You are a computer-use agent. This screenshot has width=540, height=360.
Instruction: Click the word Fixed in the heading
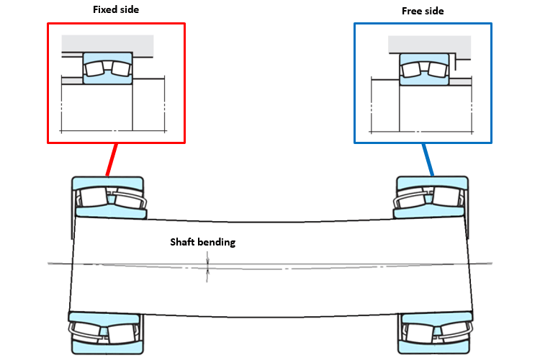pyautogui.click(x=104, y=9)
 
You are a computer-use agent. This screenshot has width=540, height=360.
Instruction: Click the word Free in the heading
pyautogui.click(x=413, y=11)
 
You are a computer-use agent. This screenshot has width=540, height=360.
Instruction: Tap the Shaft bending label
pyautogui.click(x=203, y=242)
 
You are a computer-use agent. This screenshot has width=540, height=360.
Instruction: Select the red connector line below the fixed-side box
pyautogui.click(x=112, y=160)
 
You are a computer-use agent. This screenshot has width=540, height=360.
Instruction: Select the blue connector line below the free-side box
pyautogui.click(x=428, y=160)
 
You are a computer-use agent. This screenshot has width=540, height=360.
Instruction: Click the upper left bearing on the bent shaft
pyautogui.click(x=109, y=198)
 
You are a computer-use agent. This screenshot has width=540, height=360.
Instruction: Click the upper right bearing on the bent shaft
pyautogui.click(x=431, y=197)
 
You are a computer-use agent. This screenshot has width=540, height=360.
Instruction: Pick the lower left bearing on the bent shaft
pyautogui.click(x=106, y=333)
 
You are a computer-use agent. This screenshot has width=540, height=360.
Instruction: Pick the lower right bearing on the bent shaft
pyautogui.click(x=435, y=333)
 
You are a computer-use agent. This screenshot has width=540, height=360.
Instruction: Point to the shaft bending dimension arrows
pyautogui.click(x=207, y=267)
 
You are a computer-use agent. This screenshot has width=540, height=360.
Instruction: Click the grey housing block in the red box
pyautogui.click(x=107, y=45)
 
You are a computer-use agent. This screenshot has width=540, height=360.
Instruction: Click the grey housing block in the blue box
pyautogui.click(x=429, y=47)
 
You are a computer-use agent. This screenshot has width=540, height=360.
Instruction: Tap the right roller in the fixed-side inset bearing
pyautogui.click(x=121, y=68)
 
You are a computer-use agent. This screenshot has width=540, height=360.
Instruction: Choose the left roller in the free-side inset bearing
pyautogui.click(x=411, y=70)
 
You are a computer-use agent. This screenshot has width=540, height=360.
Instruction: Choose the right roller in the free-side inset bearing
pyautogui.click(x=437, y=70)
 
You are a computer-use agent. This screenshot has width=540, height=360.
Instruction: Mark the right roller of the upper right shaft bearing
pyautogui.click(x=446, y=197)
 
